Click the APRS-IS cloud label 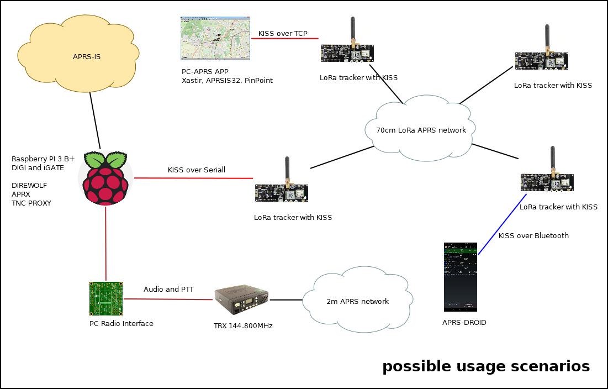coord(86,56)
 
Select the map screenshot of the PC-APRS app coord(215,38)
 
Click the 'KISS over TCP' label coord(283,34)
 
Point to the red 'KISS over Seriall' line coord(193,178)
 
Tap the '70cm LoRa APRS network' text coord(421,130)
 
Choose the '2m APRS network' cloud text coord(357,302)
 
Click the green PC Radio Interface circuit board coord(106,298)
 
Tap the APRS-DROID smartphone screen coord(460,276)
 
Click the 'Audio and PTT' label coord(168,289)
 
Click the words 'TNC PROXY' coord(31,203)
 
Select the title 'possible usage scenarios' coord(485,366)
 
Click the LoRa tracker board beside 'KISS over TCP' coord(348,51)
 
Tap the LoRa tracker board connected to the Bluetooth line coord(548,181)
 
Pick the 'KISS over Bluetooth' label coord(533,236)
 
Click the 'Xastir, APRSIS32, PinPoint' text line coord(227,81)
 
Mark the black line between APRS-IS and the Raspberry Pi coord(94,125)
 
